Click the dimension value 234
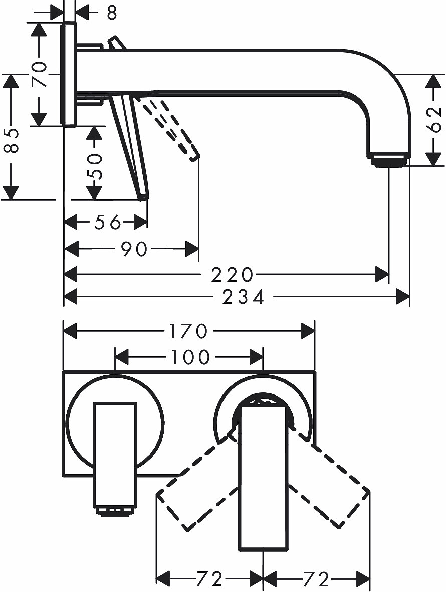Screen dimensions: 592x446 coord(244,297)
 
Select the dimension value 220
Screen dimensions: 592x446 coord(232,275)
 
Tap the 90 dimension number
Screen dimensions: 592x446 coord(134,248)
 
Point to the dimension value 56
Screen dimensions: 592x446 coord(108,222)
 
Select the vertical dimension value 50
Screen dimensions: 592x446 coord(94,167)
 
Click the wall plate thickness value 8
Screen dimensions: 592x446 coord(112,12)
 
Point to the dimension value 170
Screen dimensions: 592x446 coord(188,331)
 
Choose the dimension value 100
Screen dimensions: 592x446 coord(190,357)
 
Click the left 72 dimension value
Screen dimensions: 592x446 coord(209,579)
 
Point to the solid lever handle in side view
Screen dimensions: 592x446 coord(130,145)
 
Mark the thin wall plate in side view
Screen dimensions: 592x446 coord(68,74)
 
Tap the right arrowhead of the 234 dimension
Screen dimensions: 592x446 coord(403,297)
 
